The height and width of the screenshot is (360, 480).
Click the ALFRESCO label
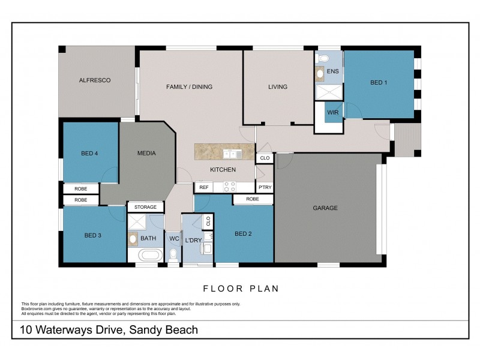pos(95,80)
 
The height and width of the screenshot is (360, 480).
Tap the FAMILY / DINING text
pos(189,87)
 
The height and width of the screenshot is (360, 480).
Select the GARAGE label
pos(325,208)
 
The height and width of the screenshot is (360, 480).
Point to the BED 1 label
pos(379,83)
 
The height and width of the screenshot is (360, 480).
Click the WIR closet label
pos(333,112)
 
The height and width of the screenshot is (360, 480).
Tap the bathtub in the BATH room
pos(150,255)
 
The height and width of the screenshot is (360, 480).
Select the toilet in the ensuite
pos(323,58)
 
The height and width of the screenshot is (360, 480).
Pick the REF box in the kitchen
pos(204,187)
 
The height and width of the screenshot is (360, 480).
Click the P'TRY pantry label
pos(265,187)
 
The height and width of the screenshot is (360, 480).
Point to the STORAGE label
pos(145,207)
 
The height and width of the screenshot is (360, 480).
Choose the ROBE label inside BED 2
pos(253,199)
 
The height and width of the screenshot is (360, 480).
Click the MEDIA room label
pos(146,153)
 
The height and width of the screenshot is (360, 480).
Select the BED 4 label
pos(89,154)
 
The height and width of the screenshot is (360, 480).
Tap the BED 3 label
pos(92,235)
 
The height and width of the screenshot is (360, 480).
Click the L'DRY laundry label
pos(193,240)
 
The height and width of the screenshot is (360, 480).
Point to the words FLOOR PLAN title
pos(241,289)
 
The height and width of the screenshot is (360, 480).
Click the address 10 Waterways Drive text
pos(109,329)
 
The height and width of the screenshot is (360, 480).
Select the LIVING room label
pos(278,87)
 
